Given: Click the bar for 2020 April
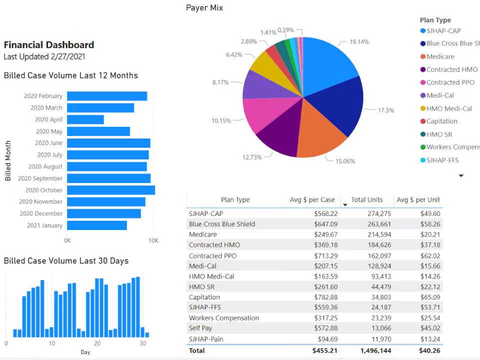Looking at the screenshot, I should [x=85, y=119].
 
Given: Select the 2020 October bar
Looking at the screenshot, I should [x=111, y=190].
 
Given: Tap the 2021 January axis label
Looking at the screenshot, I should [x=44, y=225].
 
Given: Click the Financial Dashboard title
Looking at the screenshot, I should [x=49, y=45].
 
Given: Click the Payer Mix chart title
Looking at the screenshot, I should [x=204, y=8].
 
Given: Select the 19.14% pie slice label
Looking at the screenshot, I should [x=359, y=42].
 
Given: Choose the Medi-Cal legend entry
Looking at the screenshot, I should [x=440, y=95].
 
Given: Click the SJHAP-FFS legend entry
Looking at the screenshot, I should [x=442, y=160].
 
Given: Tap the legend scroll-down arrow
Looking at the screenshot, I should [x=461, y=175].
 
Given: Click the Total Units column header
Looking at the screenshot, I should [x=366, y=200].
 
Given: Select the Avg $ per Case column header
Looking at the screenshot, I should [x=312, y=200].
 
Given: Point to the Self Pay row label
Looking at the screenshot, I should [x=200, y=328].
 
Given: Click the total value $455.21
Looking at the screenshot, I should [x=325, y=351].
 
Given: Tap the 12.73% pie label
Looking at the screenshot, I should [x=252, y=157].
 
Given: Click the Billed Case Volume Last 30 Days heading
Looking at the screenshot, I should [x=66, y=261].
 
